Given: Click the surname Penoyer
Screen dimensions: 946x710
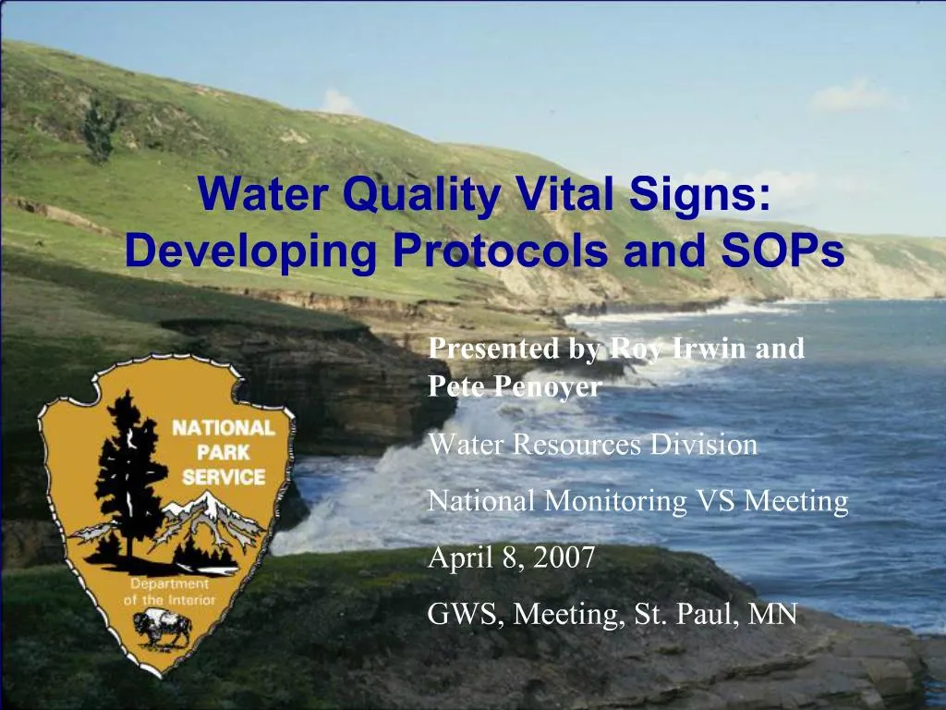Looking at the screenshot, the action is tap(549, 387).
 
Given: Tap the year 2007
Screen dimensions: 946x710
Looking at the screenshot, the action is tap(564, 557).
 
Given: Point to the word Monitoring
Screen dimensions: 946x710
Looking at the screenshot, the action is tap(614, 502).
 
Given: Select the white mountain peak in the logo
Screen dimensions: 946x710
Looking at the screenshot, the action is tap(208, 504).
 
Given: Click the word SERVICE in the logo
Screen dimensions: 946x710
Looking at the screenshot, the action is tap(224, 478).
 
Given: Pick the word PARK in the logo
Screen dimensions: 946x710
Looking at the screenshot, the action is tap(224, 453).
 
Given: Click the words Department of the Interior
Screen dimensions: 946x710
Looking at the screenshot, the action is tap(170, 593).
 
